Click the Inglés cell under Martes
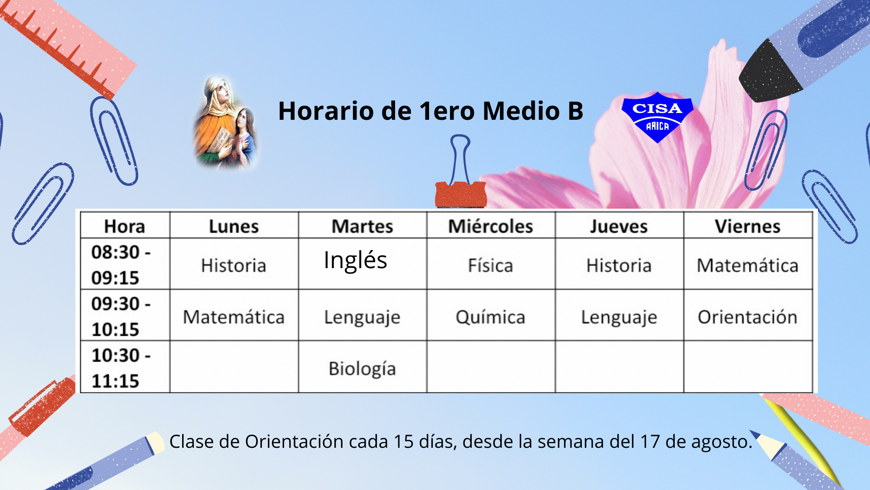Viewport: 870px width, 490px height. pyautogui.click(x=362, y=263)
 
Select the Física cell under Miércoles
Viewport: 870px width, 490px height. pyautogui.click(x=491, y=263)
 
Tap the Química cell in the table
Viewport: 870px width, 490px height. pyautogui.click(x=491, y=315)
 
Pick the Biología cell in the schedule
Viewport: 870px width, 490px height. pyautogui.click(x=362, y=367)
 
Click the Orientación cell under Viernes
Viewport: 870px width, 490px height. pyautogui.click(x=748, y=315)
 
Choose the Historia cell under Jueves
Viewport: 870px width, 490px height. pyautogui.click(x=619, y=263)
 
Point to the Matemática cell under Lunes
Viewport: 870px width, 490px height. pyautogui.click(x=234, y=315)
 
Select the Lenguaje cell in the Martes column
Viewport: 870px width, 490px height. pyautogui.click(x=362, y=315)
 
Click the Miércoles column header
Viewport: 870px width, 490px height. pyautogui.click(x=491, y=225)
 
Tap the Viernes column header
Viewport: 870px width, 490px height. pyautogui.click(x=748, y=225)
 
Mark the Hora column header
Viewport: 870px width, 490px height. pyautogui.click(x=125, y=225)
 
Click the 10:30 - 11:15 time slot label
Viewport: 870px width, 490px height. pyautogui.click(x=121, y=367)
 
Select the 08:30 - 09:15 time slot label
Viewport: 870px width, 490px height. pyautogui.click(x=121, y=265)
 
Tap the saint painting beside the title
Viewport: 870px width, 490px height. pyautogui.click(x=225, y=122)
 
